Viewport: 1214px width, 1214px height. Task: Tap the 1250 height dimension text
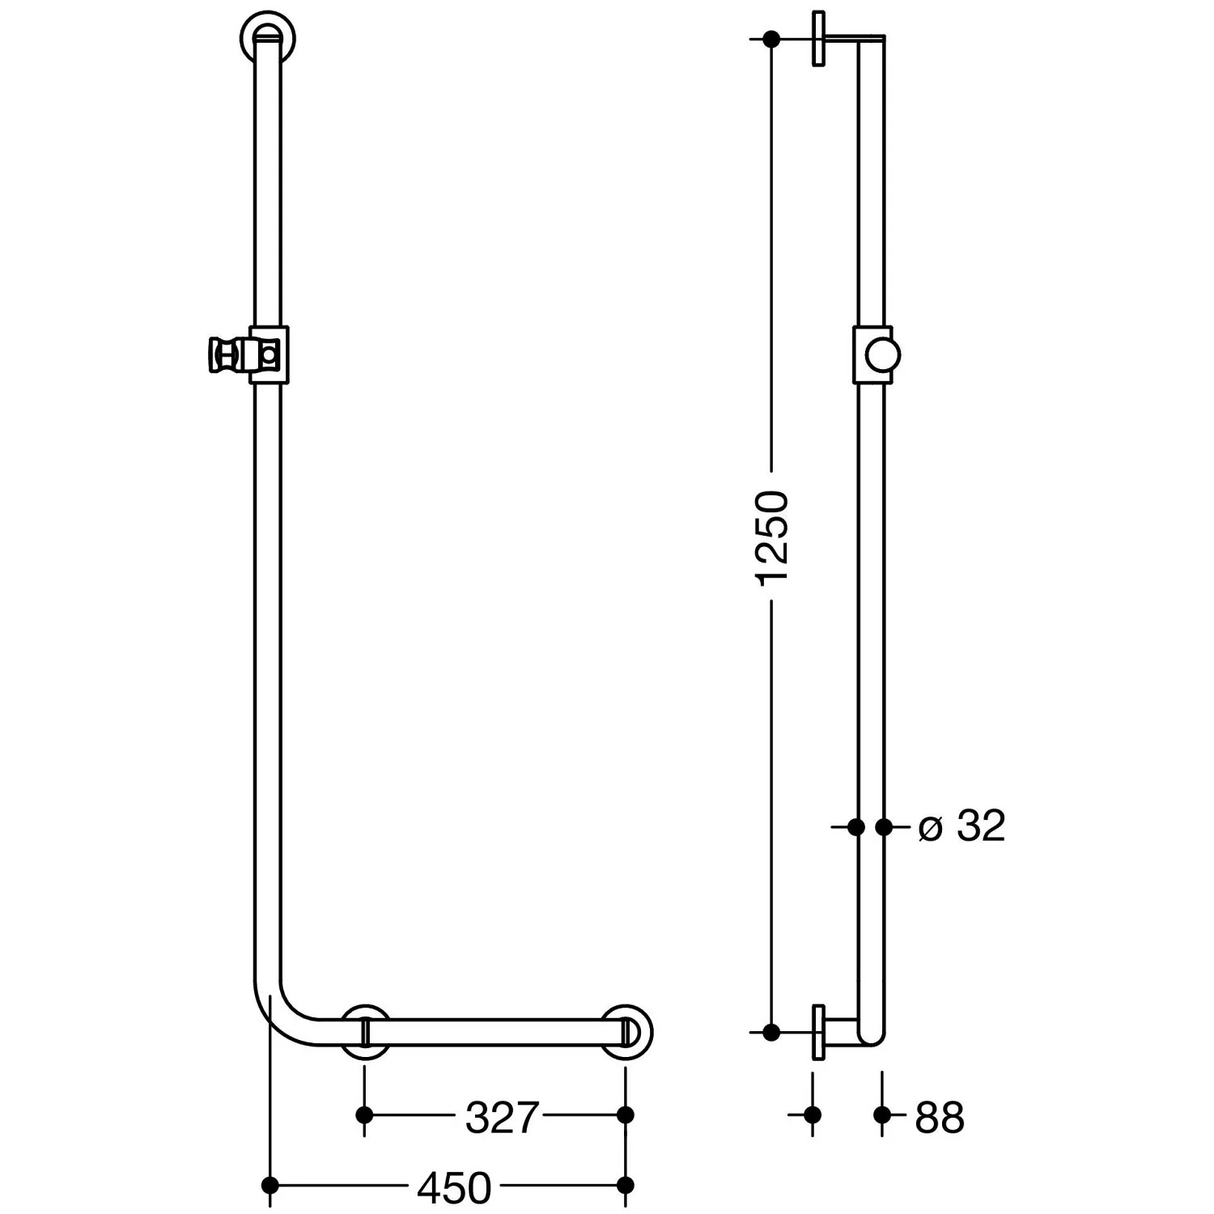tap(771, 536)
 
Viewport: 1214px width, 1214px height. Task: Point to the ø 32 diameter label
tap(962, 826)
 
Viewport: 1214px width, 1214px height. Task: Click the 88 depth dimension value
tap(940, 1118)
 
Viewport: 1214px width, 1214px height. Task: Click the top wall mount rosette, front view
tap(268, 36)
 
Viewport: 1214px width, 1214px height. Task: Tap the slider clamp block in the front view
tap(269, 354)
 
